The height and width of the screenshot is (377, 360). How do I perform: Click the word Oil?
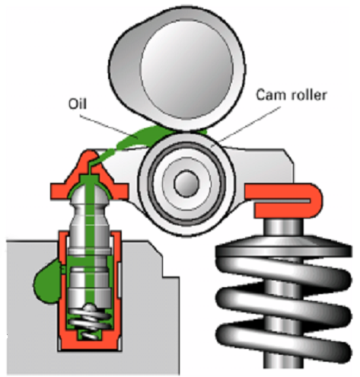(x=78, y=104)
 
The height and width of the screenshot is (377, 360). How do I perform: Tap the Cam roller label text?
(x=291, y=95)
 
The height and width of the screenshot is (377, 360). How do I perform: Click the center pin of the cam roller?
(x=186, y=184)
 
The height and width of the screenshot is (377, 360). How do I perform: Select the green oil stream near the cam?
(x=142, y=139)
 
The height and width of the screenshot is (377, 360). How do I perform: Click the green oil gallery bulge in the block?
(x=47, y=282)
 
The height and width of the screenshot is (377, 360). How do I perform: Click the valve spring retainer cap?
(x=284, y=246)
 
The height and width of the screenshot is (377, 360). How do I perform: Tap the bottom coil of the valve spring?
(x=284, y=341)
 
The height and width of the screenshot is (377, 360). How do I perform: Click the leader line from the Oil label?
(x=109, y=127)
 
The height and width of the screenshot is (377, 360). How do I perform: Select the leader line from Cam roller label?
(x=249, y=124)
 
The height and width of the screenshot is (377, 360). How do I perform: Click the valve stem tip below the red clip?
(x=284, y=227)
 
